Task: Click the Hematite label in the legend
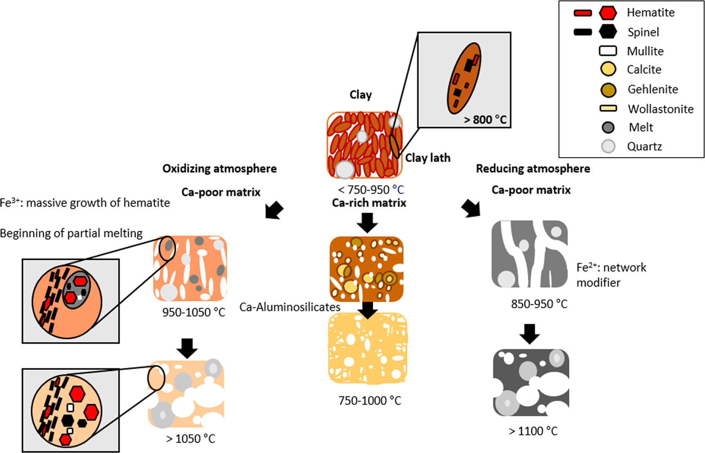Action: click(x=650, y=12)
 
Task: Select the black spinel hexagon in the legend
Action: click(x=608, y=32)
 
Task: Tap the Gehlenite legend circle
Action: click(x=608, y=90)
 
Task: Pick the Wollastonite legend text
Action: click(x=660, y=109)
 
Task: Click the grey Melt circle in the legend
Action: click(x=608, y=127)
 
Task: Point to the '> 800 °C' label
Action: click(x=485, y=120)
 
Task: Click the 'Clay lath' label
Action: click(x=428, y=158)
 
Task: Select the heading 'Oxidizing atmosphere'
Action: click(x=219, y=169)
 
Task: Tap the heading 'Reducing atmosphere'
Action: click(x=533, y=169)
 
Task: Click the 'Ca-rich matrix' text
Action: click(x=369, y=202)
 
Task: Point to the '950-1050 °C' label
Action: click(x=193, y=312)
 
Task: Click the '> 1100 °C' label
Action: click(x=533, y=431)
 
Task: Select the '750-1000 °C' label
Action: click(x=369, y=401)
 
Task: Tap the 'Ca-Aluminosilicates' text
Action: click(x=290, y=307)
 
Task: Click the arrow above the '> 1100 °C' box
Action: click(x=530, y=334)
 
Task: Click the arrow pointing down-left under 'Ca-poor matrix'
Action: click(x=274, y=210)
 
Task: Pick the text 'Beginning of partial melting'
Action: click(x=71, y=233)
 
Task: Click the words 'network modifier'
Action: click(x=611, y=275)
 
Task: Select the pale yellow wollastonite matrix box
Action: click(x=368, y=348)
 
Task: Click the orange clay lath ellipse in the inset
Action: click(x=464, y=78)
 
